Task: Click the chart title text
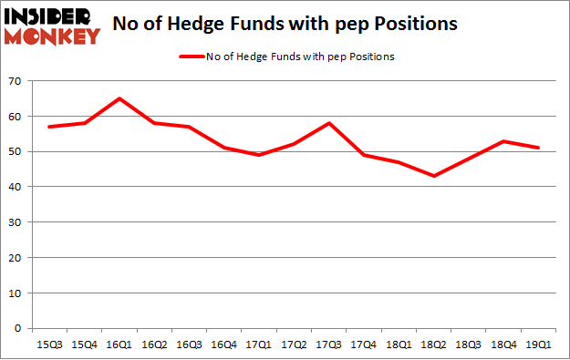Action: coord(285,25)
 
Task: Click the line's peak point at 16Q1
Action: coord(119,98)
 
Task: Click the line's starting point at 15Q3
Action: coord(50,127)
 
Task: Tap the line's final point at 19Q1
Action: coord(537,148)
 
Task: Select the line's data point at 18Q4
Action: coord(503,141)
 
